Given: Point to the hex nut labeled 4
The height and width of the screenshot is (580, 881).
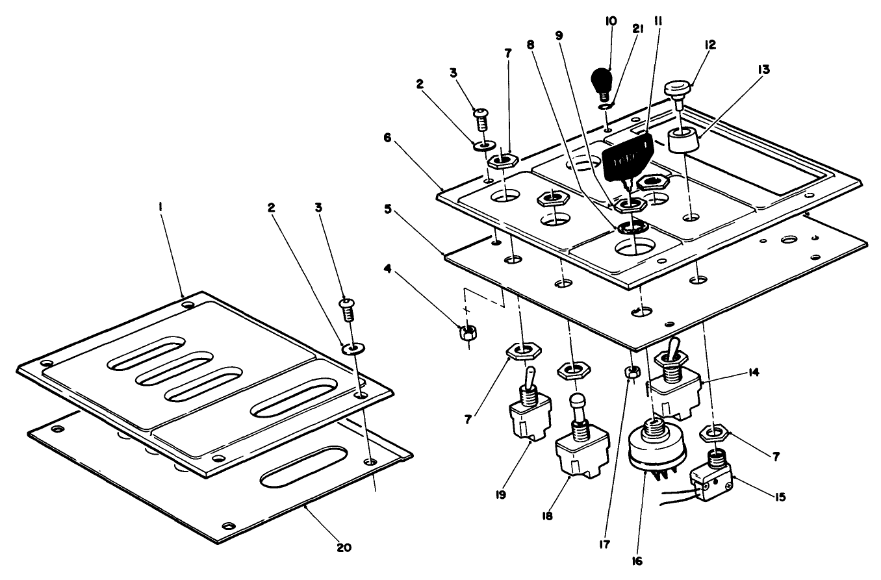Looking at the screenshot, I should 467,333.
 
